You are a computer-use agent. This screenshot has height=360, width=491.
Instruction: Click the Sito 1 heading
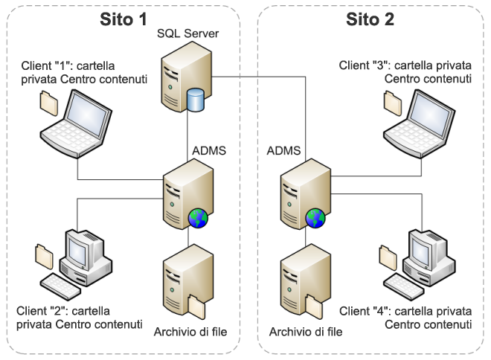(123, 19)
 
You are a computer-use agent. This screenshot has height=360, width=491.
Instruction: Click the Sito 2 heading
(370, 19)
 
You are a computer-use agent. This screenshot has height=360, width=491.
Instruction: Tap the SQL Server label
(187, 34)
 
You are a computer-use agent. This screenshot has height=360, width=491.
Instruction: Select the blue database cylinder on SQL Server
(196, 100)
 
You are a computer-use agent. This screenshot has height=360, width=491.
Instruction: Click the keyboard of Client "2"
(60, 283)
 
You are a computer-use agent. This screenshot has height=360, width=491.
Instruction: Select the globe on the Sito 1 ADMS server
(198, 218)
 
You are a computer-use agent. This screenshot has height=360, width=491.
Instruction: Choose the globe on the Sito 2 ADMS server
(315, 218)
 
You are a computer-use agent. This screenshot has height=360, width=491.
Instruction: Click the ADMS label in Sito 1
(209, 151)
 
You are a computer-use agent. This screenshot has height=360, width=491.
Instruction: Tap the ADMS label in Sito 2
(283, 151)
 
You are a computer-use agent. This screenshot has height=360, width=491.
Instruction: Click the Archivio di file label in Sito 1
(190, 331)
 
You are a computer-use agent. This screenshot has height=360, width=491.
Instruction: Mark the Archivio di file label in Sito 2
(306, 331)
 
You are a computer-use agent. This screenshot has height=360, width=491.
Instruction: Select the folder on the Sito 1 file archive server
(197, 305)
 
